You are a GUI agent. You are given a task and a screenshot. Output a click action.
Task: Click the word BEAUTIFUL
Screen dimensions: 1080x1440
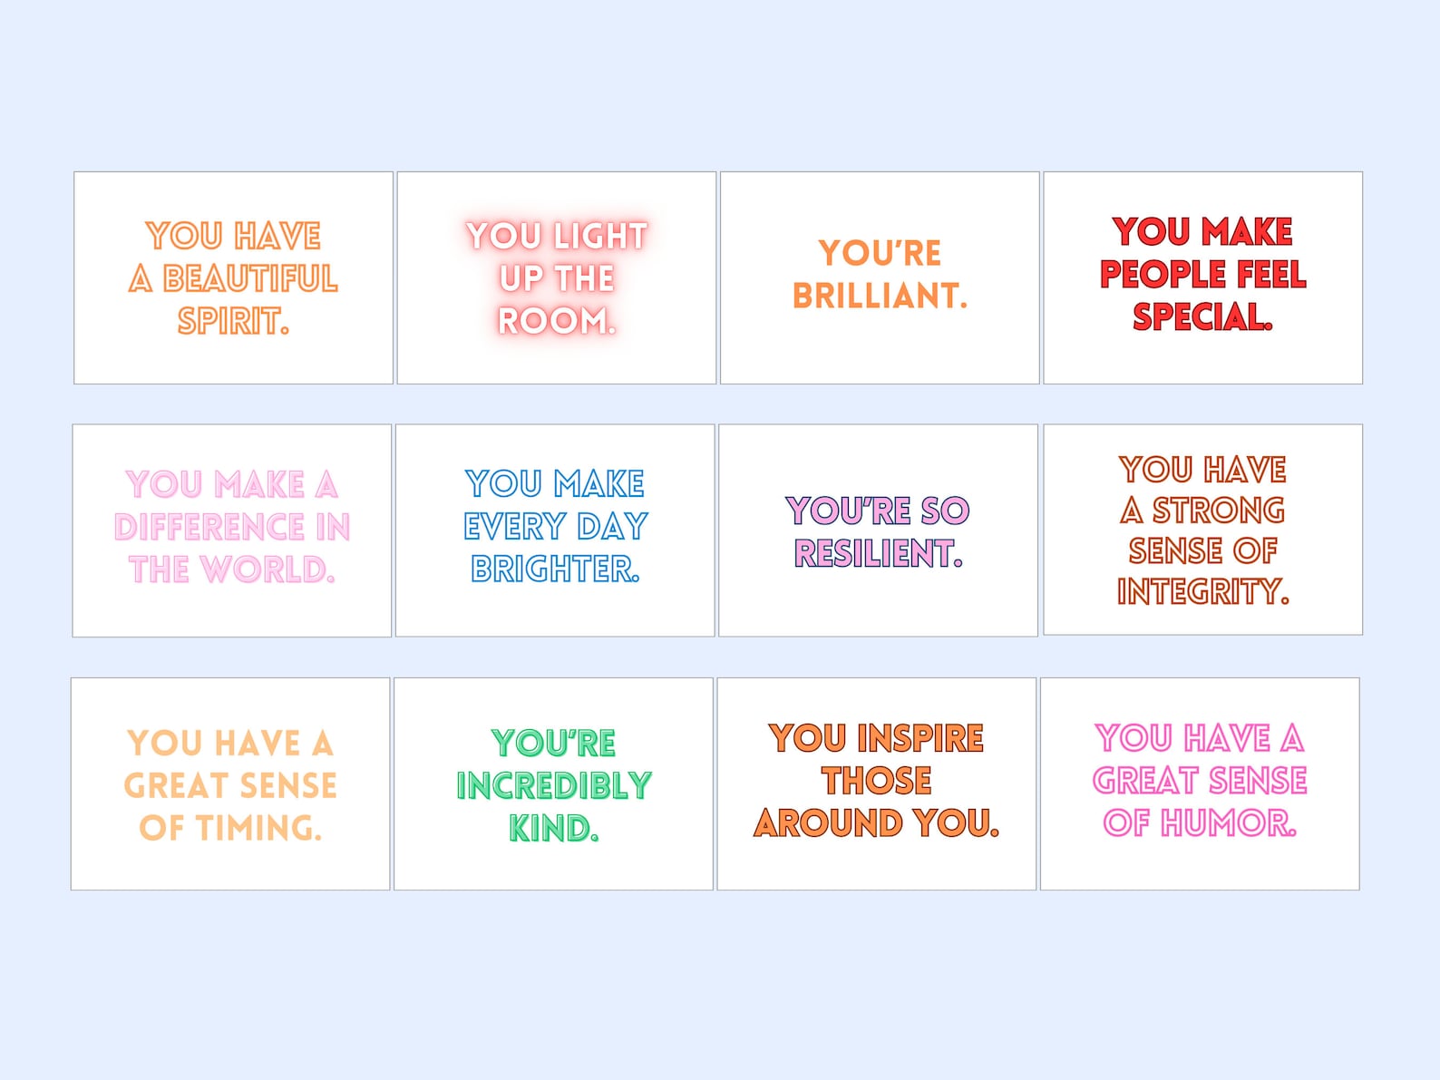(250, 278)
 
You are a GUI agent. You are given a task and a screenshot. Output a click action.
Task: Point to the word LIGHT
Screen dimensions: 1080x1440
(600, 236)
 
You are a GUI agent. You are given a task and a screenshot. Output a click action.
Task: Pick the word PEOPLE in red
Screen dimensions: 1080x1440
(1157, 274)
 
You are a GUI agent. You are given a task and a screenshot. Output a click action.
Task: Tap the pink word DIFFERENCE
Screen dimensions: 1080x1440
(209, 527)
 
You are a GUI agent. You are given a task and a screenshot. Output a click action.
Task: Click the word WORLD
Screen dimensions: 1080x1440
(266, 569)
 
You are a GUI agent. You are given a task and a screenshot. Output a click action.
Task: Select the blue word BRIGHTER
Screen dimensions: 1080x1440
(554, 569)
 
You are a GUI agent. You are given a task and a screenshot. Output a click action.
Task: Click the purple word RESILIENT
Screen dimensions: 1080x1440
(876, 553)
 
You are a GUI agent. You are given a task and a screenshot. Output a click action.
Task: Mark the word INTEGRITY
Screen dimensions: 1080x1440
(1202, 591)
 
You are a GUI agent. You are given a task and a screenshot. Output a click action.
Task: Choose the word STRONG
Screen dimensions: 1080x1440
(1218, 511)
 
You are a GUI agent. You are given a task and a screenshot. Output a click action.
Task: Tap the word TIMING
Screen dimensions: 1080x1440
(257, 828)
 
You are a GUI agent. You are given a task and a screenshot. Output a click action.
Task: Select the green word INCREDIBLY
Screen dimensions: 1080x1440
(553, 785)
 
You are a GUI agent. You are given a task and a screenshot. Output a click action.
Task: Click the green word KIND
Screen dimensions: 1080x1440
(551, 828)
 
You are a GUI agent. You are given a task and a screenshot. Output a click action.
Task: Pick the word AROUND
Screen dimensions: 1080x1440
(828, 823)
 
